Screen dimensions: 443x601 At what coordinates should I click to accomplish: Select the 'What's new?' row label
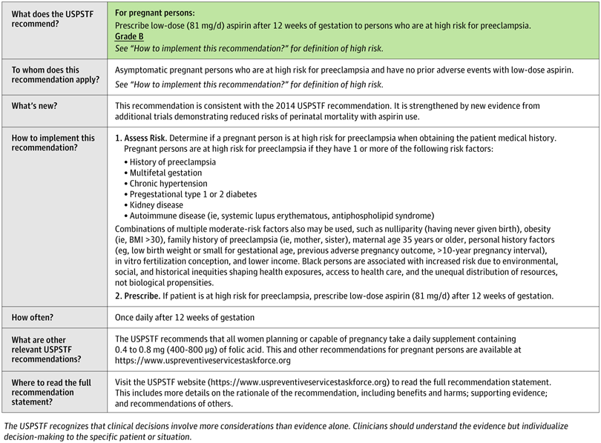[x=35, y=107]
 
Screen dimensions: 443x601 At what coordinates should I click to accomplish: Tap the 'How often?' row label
[x=34, y=317]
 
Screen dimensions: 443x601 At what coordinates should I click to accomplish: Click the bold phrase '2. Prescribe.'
[x=141, y=296]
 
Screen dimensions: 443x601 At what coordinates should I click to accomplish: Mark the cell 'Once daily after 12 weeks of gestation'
[x=185, y=317]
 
